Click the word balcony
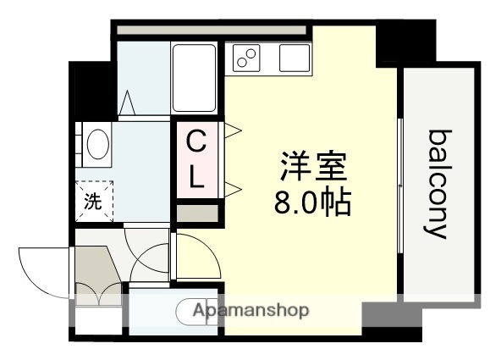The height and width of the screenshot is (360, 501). coord(437,184)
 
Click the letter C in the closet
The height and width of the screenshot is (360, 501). coord(195,140)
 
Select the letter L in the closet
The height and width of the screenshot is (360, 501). coord(195,177)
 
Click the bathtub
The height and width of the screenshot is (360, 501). coord(195,78)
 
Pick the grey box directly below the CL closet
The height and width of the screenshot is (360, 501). coord(195,211)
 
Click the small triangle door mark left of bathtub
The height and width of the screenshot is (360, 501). coord(129,103)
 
